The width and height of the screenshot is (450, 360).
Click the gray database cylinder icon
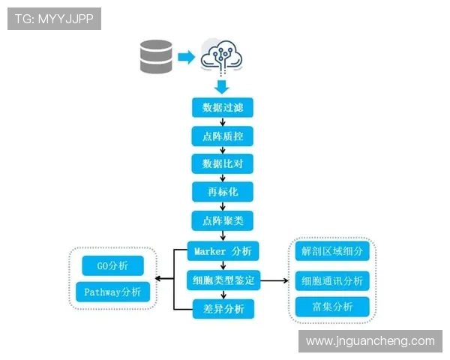point(156,57)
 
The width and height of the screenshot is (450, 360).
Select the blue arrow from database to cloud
point(186,57)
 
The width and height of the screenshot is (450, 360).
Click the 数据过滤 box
point(223,107)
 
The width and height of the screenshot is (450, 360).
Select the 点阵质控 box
point(223,136)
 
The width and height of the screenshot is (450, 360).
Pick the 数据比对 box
point(223,163)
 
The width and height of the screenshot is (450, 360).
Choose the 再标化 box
point(223,191)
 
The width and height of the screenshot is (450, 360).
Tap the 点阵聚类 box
point(223,220)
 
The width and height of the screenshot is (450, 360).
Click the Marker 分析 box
point(223,251)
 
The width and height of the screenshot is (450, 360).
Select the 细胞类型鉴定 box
point(223,280)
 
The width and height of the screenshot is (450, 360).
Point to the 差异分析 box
point(223,308)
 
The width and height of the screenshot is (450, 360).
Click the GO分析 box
point(113,265)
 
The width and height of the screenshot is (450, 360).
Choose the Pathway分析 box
point(113,292)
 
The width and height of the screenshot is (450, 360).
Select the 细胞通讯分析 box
point(332,280)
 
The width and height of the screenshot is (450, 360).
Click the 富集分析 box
point(332,307)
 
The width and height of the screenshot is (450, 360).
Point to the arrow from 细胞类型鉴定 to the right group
point(274,280)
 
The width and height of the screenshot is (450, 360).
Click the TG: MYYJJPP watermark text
point(54,19)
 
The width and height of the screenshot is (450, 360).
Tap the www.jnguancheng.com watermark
point(370,340)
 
